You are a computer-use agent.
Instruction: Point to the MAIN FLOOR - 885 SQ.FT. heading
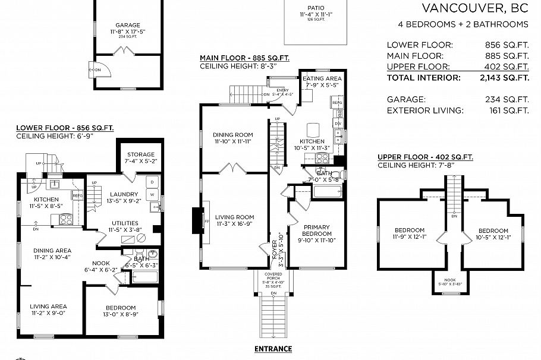tap(244, 58)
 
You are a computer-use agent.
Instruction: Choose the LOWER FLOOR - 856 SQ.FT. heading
tap(65, 128)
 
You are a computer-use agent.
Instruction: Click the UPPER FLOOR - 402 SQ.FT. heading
tap(425, 157)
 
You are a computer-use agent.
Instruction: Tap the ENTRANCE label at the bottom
tap(273, 349)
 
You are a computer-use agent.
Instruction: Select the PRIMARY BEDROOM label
tap(316, 230)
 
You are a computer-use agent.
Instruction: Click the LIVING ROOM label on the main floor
tap(234, 217)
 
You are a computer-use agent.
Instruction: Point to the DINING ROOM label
tap(233, 135)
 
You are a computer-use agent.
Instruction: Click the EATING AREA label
tap(322, 78)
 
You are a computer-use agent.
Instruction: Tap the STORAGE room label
tap(140, 154)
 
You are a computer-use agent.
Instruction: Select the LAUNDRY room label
tap(124, 194)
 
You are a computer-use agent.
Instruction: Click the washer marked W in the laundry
tap(152, 194)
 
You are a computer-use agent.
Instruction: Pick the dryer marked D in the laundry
tap(152, 181)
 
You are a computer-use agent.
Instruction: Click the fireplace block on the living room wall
tap(196, 220)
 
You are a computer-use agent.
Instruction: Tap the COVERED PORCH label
tap(273, 276)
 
